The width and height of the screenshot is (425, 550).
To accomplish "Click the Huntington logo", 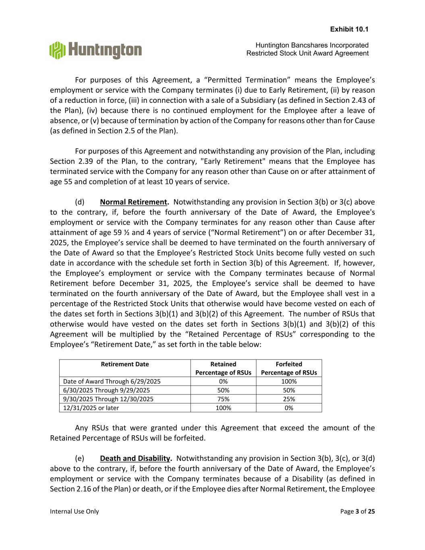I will pyautogui.click(x=95, y=50).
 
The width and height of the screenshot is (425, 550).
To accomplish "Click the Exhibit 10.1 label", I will pyautogui.click(x=349, y=29).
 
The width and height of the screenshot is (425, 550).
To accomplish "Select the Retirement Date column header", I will pyautogui.click(x=124, y=364).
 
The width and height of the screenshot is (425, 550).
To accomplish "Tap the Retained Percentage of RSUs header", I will pyautogui.click(x=223, y=368).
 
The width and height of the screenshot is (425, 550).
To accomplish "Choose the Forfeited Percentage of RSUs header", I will pyautogui.click(x=289, y=368).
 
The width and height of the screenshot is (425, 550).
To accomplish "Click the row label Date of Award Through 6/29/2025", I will pyautogui.click(x=112, y=382).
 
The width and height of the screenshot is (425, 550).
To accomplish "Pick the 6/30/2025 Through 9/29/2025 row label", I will pyautogui.click(x=106, y=390).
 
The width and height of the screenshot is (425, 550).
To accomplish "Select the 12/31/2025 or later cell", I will pyautogui.click(x=91, y=408).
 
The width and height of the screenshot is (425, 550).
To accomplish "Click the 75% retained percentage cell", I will pyautogui.click(x=223, y=399).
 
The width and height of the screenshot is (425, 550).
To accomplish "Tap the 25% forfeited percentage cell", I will pyautogui.click(x=289, y=399).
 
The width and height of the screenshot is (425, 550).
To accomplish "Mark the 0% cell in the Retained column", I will pyautogui.click(x=223, y=382).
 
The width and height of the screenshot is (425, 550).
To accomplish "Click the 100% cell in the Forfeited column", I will pyautogui.click(x=289, y=382).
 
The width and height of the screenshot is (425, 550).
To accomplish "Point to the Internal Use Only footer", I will pyautogui.click(x=74, y=511).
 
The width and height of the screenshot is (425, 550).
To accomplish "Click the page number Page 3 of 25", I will pyautogui.click(x=357, y=511).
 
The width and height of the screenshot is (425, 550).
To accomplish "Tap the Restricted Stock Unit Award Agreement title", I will pyautogui.click(x=307, y=53).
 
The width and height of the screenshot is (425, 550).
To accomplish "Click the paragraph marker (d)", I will pyautogui.click(x=80, y=202).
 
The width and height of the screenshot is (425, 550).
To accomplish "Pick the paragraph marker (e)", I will pyautogui.click(x=80, y=459).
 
